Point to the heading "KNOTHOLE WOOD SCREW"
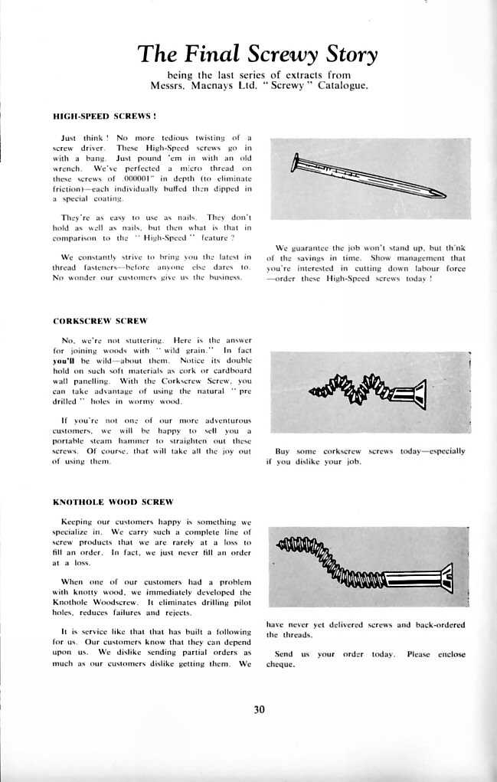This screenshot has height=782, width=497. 113,502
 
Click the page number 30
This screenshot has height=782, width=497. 259,709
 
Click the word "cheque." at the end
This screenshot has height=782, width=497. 280,664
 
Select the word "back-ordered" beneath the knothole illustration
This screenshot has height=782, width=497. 435,625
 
